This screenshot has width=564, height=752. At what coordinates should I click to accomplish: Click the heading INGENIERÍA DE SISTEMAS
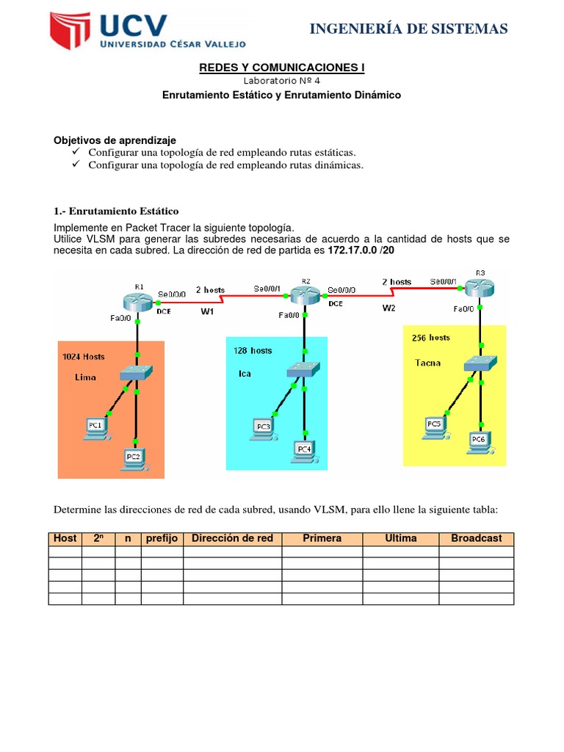tap(408, 29)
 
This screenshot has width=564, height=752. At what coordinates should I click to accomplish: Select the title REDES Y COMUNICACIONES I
tap(282, 68)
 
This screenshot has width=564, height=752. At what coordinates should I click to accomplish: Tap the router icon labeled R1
tap(137, 300)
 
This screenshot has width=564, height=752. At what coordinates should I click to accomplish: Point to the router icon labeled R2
tap(304, 296)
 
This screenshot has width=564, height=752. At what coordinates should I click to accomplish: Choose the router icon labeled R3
tap(480, 288)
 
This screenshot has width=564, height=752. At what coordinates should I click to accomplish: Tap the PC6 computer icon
tap(480, 441)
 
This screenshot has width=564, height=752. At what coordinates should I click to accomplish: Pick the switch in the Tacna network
tap(480, 363)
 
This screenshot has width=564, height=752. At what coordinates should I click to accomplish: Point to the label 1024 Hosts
tap(84, 357)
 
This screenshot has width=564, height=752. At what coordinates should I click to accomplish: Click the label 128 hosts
tap(253, 350)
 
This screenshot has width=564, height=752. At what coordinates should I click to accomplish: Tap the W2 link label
tap(389, 308)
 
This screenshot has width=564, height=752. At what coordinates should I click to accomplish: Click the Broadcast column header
tap(476, 538)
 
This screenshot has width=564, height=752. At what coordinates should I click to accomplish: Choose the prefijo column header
tap(162, 538)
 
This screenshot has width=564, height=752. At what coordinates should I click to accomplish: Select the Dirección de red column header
tap(232, 538)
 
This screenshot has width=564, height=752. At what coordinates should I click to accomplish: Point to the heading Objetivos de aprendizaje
tap(115, 140)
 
